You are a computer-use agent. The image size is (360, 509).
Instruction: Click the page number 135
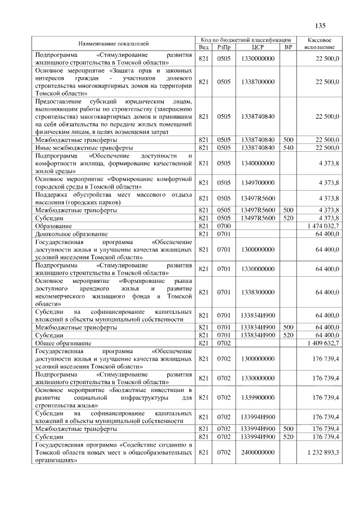(x=321, y=25)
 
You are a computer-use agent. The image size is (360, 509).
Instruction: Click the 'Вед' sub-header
(x=204, y=47)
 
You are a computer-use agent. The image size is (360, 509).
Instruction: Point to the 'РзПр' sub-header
(x=224, y=47)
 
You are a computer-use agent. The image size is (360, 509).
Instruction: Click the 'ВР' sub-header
(x=288, y=47)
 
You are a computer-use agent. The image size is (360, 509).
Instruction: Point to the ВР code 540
(x=288, y=147)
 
